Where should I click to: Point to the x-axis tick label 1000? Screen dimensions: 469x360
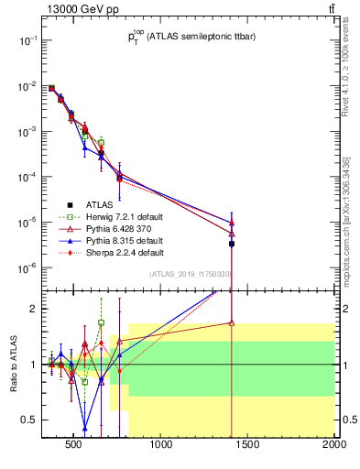(162, 447)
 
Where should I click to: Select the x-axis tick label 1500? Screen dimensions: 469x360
(248, 447)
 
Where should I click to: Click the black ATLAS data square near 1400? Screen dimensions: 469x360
(232, 244)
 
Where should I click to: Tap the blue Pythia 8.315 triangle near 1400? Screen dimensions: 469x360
(232, 222)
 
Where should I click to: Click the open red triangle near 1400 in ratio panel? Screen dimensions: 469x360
(232, 322)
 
